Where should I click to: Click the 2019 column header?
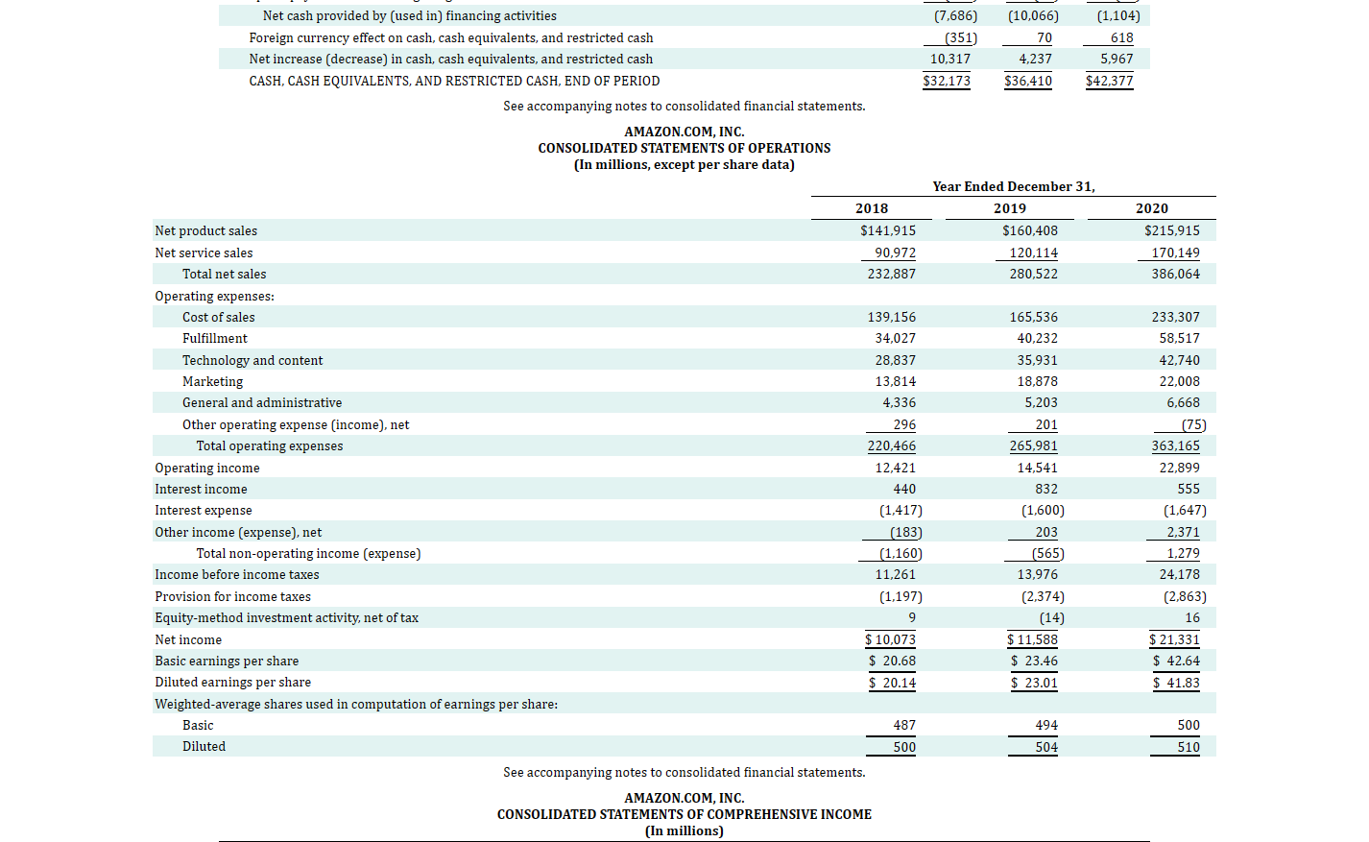(1009, 208)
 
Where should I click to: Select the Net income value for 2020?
(1175, 639)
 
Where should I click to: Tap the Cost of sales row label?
(219, 317)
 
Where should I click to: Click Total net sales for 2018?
(891, 274)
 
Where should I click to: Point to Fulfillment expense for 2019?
(1037, 338)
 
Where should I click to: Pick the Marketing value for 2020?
(1179, 381)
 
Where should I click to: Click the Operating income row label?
(207, 468)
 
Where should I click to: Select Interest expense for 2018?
(901, 510)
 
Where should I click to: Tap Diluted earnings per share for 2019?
(1034, 683)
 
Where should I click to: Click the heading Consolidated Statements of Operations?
(684, 148)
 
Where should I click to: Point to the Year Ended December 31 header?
(1013, 186)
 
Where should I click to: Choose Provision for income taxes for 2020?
(1185, 596)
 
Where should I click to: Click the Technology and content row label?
(252, 360)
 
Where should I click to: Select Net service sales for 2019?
(1033, 253)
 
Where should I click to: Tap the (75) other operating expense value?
(1193, 424)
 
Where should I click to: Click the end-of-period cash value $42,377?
(1109, 81)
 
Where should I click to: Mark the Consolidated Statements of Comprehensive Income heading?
(684, 814)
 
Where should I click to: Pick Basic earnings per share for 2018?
(892, 661)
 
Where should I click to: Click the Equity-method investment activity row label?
(287, 617)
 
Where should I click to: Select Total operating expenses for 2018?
(891, 445)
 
